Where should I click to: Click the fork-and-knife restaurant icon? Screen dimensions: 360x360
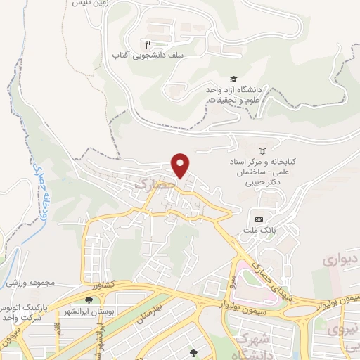pyautogui.click(x=147, y=43)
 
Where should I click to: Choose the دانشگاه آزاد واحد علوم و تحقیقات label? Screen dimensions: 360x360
pyautogui.click(x=233, y=95)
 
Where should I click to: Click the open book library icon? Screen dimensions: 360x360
pyautogui.click(x=263, y=151)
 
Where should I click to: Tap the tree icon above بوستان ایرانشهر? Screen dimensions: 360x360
pyautogui.click(x=88, y=300)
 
